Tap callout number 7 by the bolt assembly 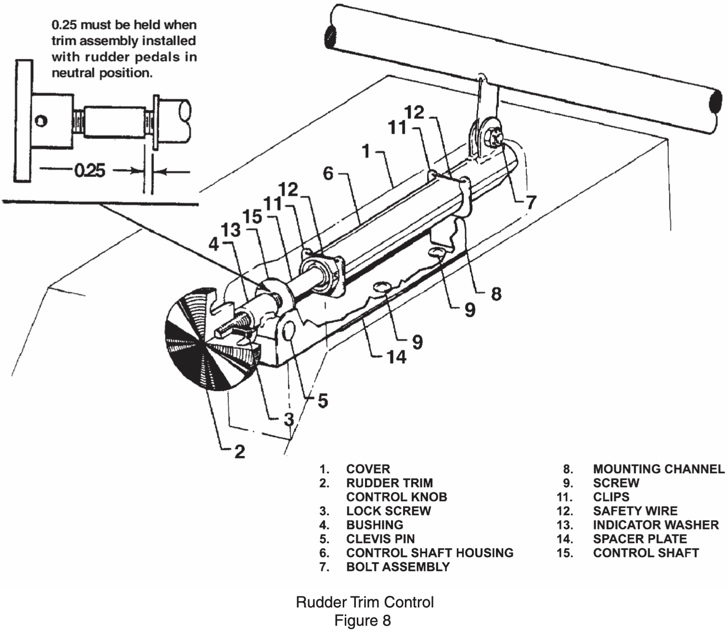531,203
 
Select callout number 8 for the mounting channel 496,294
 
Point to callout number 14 396,357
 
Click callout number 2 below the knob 239,452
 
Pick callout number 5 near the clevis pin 323,401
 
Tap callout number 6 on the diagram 328,174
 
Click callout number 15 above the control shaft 252,216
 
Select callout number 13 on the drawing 231,230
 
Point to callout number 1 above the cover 366,152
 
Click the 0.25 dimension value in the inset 90,171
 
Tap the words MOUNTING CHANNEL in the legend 659,469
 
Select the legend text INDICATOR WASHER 656,525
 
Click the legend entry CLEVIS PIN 380,539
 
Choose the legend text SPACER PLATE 640,539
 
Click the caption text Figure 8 363,620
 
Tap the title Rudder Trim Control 364,602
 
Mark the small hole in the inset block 41,121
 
